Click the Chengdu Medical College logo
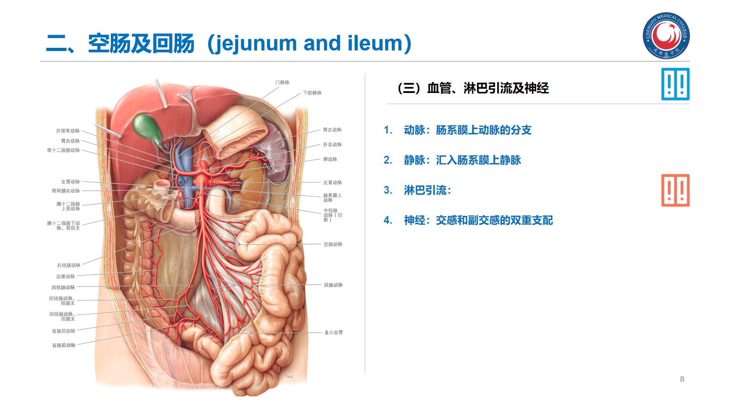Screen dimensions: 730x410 point(666,36)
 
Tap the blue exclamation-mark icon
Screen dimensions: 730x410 point(675,84)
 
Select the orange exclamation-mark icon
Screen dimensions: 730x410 point(675,190)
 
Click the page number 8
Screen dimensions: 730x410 point(682,379)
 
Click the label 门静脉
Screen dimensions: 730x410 point(282,82)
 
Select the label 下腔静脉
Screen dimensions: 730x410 point(312,93)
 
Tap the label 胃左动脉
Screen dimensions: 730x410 point(332,130)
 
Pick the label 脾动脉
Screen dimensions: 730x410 point(330,159)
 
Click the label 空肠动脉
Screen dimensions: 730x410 point(333,245)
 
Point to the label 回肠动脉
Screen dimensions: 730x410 point(333,285)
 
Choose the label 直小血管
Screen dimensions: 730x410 point(334,333)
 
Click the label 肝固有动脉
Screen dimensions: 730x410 point(68,131)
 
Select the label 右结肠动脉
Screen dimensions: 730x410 point(68,265)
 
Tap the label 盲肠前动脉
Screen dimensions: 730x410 point(63,345)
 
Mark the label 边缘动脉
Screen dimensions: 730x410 point(65,277)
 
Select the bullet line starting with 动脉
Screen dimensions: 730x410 point(467,130)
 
